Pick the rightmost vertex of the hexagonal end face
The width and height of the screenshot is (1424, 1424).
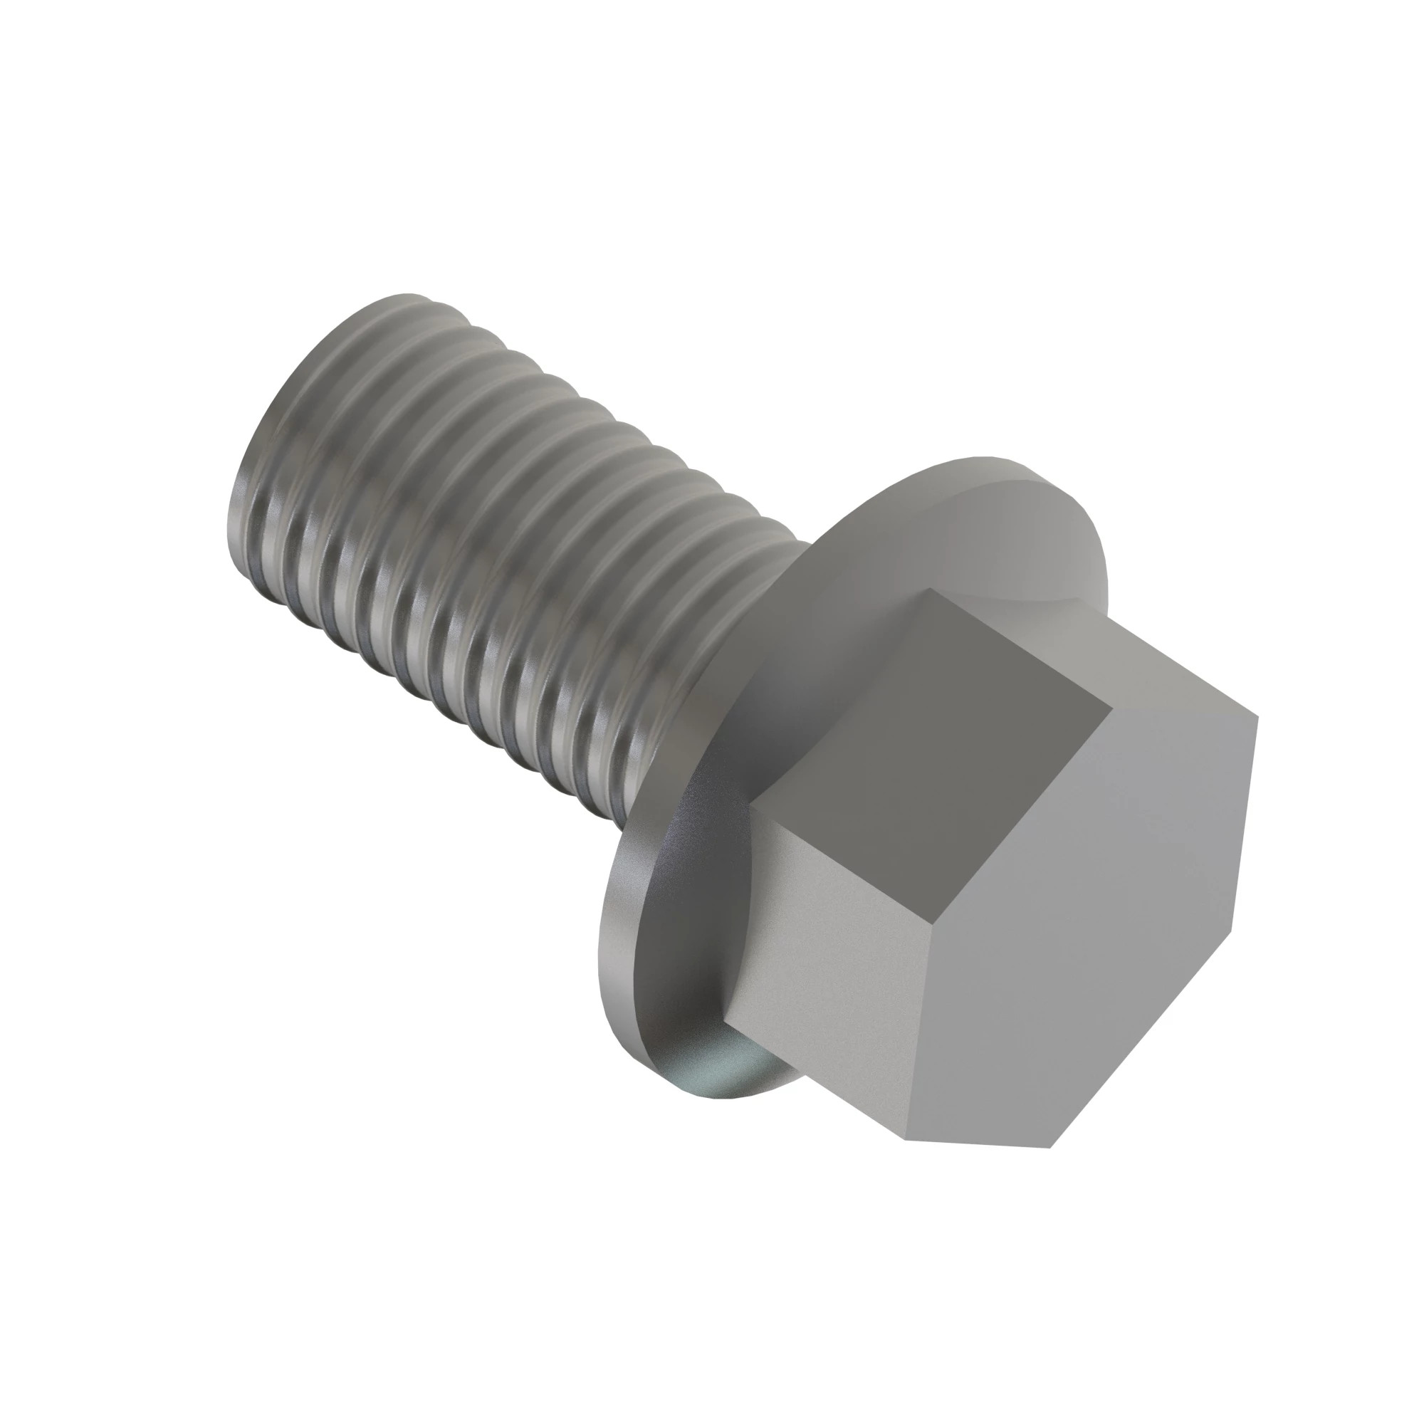pyautogui.click(x=1257, y=716)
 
